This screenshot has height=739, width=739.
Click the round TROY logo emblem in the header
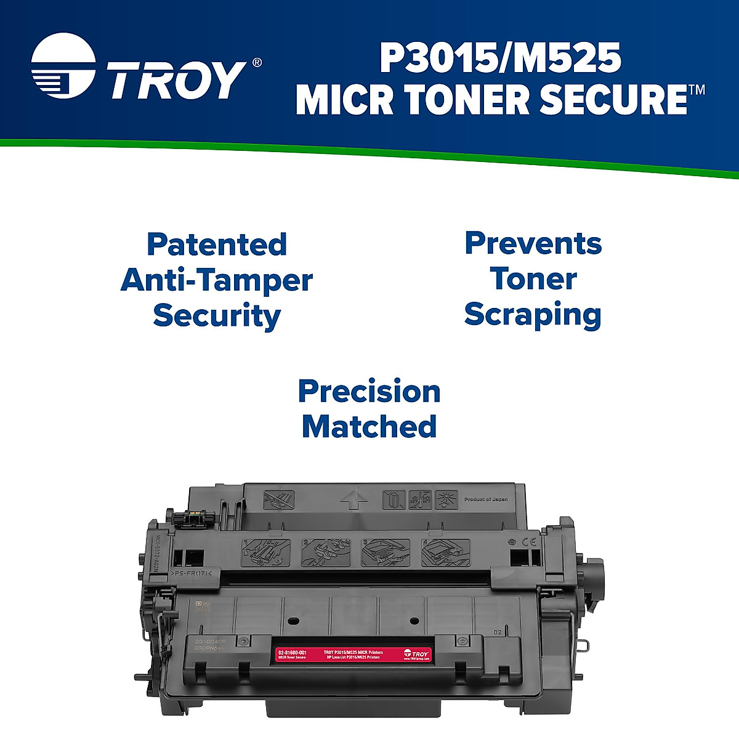[63, 67]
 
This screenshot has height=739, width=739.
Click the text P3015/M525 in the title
[499, 59]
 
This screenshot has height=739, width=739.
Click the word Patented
[217, 244]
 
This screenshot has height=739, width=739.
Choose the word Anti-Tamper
[217, 280]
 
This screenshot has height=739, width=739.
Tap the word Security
[217, 316]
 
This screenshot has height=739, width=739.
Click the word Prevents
[533, 243]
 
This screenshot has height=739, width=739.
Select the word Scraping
[533, 315]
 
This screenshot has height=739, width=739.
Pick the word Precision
[369, 392]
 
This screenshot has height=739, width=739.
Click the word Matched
[369, 427]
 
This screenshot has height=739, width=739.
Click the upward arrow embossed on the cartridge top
[350, 498]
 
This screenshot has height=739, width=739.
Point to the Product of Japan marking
[486, 499]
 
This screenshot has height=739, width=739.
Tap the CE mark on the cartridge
[529, 543]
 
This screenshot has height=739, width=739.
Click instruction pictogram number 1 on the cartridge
[267, 552]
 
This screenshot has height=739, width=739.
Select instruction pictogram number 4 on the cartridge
[445, 552]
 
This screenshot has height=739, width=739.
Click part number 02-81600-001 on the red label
[292, 652]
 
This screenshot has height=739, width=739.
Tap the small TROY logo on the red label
[417, 654]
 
